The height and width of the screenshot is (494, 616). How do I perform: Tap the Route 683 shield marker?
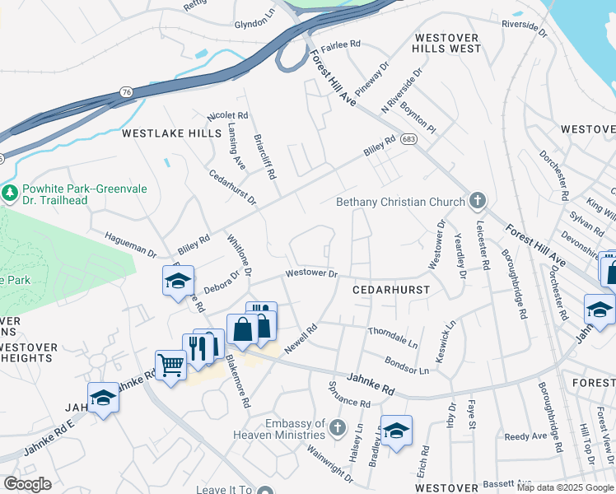coord(408,141)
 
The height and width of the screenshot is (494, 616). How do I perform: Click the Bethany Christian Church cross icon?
coord(476,200)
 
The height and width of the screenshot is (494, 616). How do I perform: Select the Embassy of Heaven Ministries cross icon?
coord(337,427)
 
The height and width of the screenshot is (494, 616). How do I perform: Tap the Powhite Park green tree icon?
coord(10,193)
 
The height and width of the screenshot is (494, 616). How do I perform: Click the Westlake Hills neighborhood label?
coord(172,133)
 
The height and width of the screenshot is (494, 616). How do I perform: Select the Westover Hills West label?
coord(448,44)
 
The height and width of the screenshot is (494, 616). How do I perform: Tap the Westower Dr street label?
coord(311,273)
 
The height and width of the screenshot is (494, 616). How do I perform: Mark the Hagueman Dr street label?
coord(130,243)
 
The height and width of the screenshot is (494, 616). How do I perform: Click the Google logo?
coord(28,484)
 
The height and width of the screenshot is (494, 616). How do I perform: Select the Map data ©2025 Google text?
coord(565,487)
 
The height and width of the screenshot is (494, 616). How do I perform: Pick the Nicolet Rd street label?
coord(228,116)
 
